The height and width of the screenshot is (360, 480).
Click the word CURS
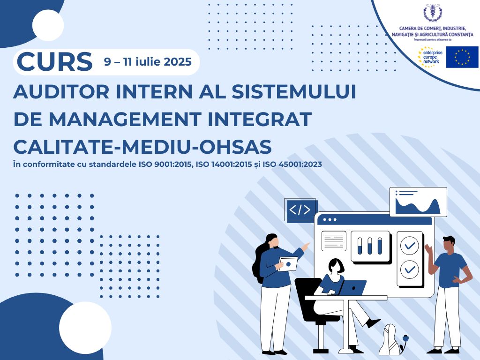[55, 61]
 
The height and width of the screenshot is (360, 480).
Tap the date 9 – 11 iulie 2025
[148, 62]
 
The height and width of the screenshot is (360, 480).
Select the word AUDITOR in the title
[61, 91]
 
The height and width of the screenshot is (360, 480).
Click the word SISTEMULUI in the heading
[294, 91]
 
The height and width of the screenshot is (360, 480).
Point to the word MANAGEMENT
[125, 119]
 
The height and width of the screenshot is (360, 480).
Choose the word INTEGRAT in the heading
[260, 119]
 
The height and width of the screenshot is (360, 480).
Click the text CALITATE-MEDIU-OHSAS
[142, 147]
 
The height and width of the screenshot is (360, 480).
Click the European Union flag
[462, 57]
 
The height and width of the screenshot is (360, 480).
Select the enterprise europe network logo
[430, 57]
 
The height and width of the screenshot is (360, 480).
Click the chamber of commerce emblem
[433, 13]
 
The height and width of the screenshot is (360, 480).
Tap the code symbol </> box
[300, 210]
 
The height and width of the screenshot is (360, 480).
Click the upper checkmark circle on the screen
[410, 246]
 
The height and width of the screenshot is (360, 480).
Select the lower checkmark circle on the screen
[410, 270]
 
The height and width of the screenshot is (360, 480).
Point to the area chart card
[418, 202]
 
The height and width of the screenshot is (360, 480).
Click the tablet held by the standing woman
[288, 264]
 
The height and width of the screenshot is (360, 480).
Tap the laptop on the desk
[352, 288]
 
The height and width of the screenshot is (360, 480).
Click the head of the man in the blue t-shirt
[449, 244]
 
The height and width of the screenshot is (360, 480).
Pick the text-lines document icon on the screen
[334, 241]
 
